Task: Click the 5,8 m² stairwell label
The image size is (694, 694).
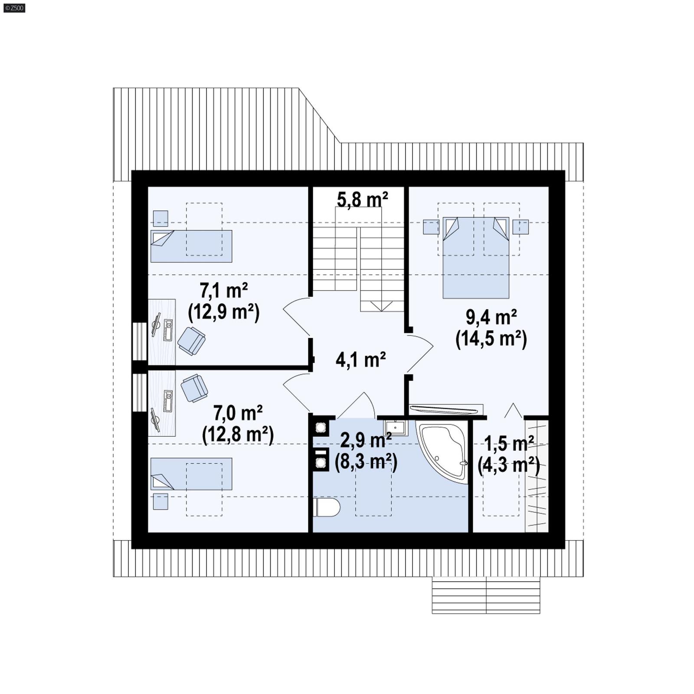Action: tap(362, 200)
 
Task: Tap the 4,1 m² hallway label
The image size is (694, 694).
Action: tap(361, 360)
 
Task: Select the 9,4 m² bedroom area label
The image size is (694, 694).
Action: tap(491, 318)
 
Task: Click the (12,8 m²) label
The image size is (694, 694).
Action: tap(238, 434)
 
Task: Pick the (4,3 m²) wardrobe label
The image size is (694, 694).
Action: tap(509, 465)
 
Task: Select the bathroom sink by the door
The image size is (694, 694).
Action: tap(395, 427)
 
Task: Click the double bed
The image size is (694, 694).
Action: tap(475, 260)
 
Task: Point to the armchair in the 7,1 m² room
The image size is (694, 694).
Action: tap(191, 340)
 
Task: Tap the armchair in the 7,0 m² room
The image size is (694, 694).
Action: tap(194, 388)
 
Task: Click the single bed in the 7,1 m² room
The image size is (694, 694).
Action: tap(191, 246)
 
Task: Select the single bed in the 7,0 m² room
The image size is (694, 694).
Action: tap(191, 474)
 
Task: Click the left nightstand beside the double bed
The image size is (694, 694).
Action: tap(431, 226)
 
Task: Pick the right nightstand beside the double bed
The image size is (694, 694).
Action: tap(520, 226)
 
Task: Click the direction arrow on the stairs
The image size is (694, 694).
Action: tap(382, 306)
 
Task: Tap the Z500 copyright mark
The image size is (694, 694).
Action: tap(14, 8)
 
